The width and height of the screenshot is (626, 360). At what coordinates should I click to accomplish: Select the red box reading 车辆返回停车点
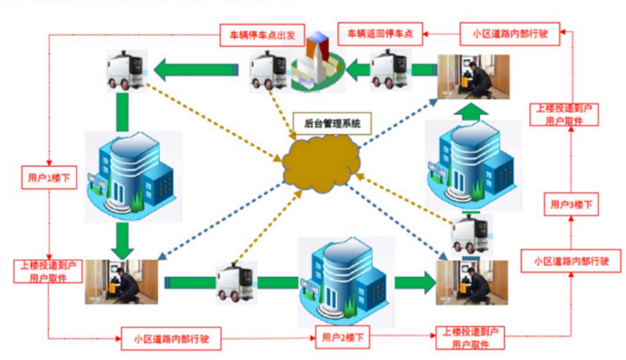[x=380, y=34]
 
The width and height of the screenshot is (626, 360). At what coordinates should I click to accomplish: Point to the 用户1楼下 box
[x=49, y=177]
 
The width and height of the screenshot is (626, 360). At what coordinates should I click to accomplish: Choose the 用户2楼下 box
[x=341, y=337]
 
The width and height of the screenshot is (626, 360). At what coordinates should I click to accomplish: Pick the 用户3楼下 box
[x=571, y=204]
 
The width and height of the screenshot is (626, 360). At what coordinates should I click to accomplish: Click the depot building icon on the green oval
[x=316, y=61]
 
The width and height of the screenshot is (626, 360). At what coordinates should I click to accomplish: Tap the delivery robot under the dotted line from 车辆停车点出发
[x=126, y=70]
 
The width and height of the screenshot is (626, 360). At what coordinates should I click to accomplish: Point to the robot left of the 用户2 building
[x=236, y=282]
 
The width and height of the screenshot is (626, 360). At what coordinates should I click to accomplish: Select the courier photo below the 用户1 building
[x=122, y=282]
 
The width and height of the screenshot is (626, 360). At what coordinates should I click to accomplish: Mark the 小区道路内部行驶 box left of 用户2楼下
[x=171, y=339]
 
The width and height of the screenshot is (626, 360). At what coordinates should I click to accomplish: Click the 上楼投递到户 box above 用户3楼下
[x=563, y=114]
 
